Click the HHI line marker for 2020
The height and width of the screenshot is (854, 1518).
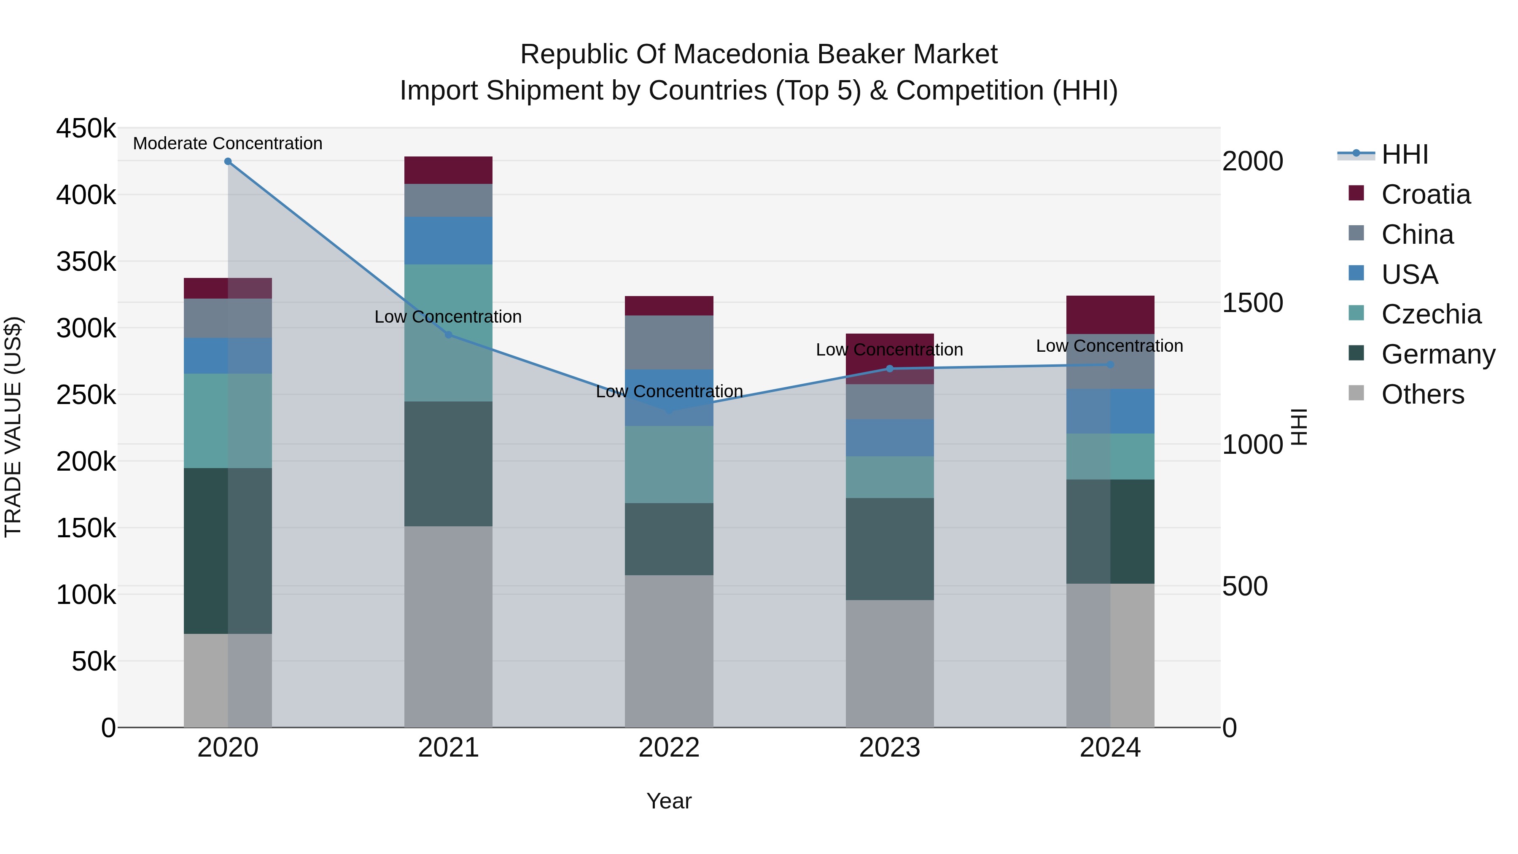pyautogui.click(x=228, y=162)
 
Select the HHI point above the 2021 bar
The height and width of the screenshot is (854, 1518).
pyautogui.click(x=449, y=335)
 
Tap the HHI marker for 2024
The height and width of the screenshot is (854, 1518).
pyautogui.click(x=1110, y=365)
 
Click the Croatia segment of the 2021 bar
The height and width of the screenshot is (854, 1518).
pyautogui.click(x=449, y=170)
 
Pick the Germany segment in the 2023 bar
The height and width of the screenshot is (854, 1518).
pyautogui.click(x=890, y=549)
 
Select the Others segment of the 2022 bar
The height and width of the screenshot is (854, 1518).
pyautogui.click(x=669, y=651)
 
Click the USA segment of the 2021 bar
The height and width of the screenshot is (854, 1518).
pyautogui.click(x=449, y=240)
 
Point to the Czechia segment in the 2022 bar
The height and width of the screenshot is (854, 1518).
pyautogui.click(x=669, y=464)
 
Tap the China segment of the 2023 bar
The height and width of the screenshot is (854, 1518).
pyautogui.click(x=890, y=402)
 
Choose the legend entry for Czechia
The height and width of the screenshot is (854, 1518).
pyautogui.click(x=1431, y=314)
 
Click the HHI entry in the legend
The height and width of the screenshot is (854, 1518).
pyautogui.click(x=1405, y=154)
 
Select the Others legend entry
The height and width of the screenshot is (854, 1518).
pyautogui.click(x=1423, y=394)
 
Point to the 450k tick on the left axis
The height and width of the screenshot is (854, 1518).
pyautogui.click(x=86, y=129)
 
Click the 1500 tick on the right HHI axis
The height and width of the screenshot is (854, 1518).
pyautogui.click(x=1253, y=302)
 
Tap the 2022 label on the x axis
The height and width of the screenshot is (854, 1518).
pyautogui.click(x=669, y=748)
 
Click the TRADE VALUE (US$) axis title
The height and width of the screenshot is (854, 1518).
pyautogui.click(x=13, y=427)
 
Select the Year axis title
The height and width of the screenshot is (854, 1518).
pyautogui.click(x=669, y=801)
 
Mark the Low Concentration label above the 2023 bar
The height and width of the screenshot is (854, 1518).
pyautogui.click(x=889, y=350)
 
